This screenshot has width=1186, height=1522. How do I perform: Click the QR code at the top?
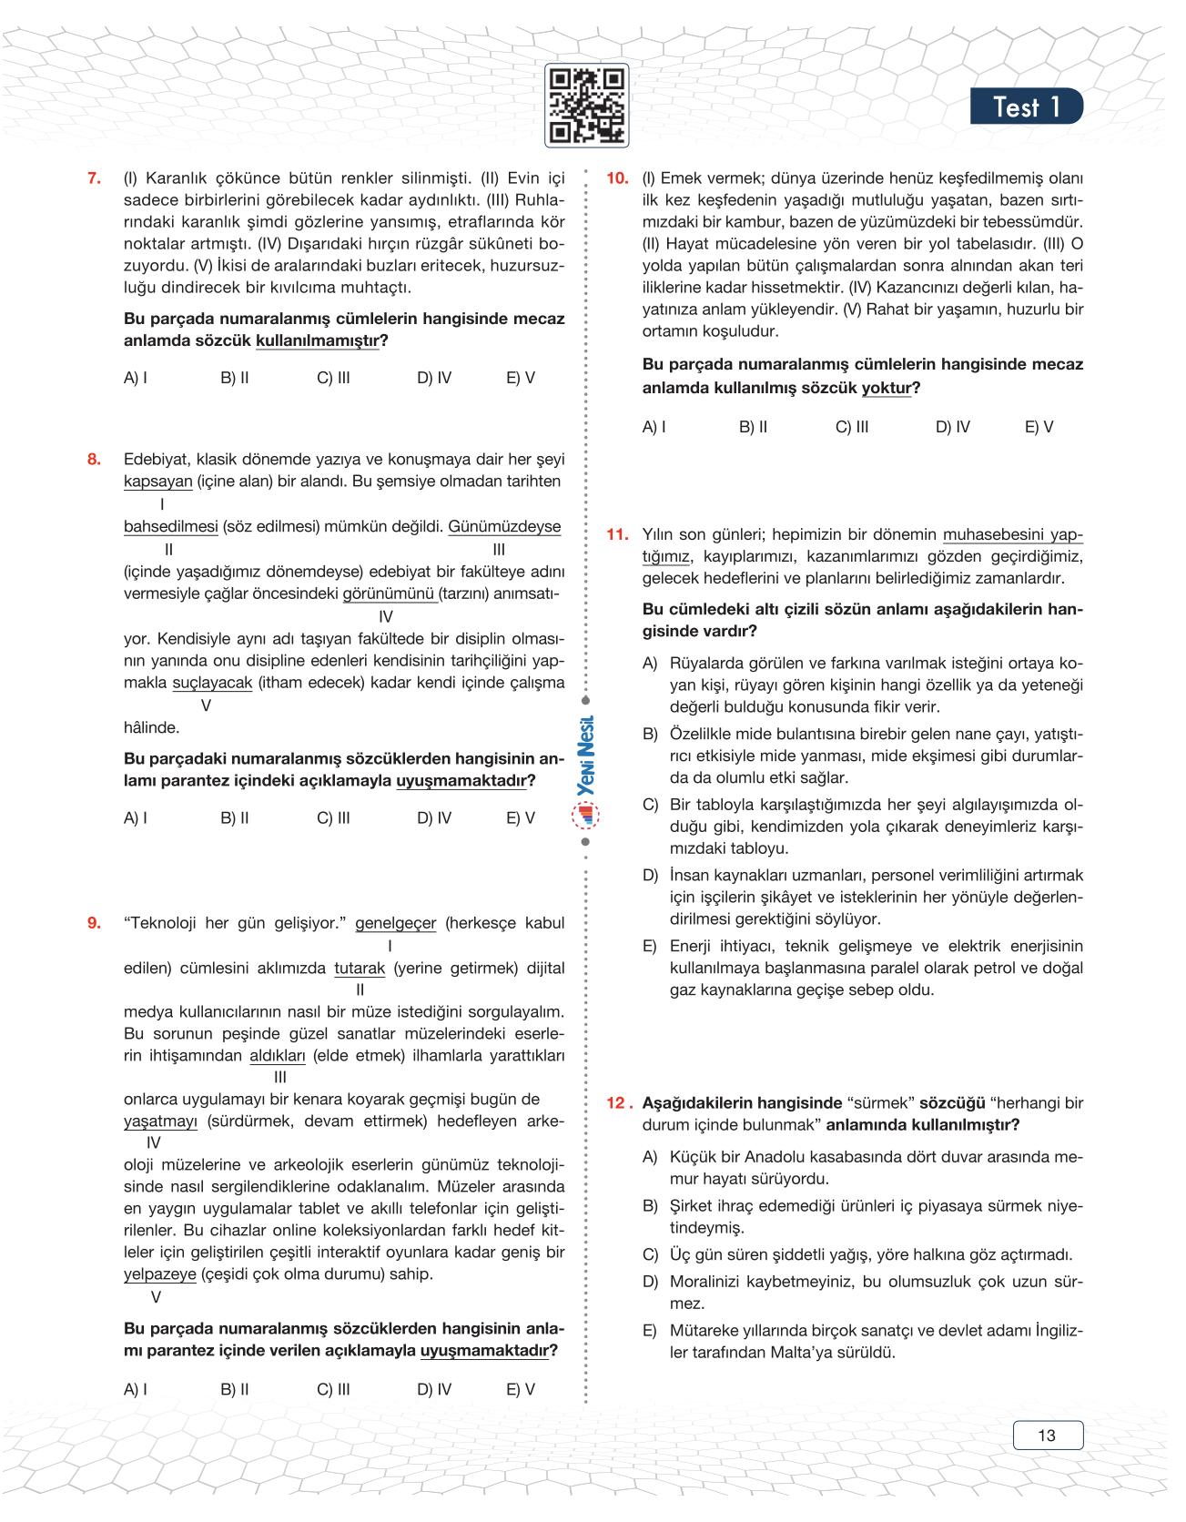click(586, 106)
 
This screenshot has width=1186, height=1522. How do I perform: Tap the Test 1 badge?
click(1026, 107)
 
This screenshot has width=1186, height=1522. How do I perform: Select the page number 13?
click(1047, 1436)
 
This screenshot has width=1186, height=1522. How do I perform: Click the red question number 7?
click(94, 178)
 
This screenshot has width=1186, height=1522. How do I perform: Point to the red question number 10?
click(617, 178)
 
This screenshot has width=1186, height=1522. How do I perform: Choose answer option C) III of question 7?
click(333, 378)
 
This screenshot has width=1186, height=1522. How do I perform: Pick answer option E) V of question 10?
click(1039, 427)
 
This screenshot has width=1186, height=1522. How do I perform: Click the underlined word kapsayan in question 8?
click(157, 482)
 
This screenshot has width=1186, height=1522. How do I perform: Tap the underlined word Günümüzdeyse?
click(504, 527)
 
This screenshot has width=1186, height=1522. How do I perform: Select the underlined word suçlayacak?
click(212, 683)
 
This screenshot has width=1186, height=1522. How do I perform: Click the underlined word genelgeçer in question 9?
click(395, 923)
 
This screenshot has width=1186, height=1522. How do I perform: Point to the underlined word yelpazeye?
click(160, 1274)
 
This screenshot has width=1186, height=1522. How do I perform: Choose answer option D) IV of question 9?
click(434, 1390)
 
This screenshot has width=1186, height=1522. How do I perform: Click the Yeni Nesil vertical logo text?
click(586, 756)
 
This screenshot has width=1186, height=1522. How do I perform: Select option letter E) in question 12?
click(650, 1331)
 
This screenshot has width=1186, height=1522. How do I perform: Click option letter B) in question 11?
click(650, 734)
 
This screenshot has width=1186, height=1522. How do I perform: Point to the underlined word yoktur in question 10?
click(887, 388)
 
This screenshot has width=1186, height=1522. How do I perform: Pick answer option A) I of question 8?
click(136, 818)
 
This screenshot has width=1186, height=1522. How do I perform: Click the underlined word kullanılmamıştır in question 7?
click(317, 340)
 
